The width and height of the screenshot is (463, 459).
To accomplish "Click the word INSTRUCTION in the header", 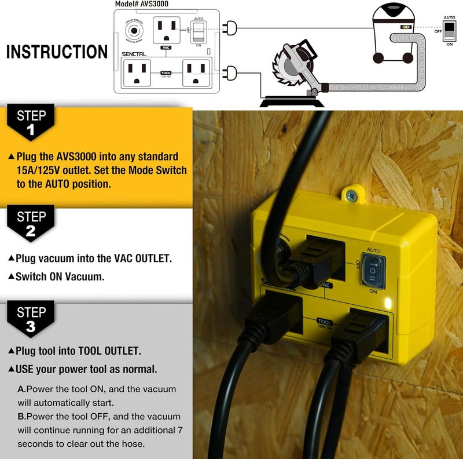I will click(57, 52).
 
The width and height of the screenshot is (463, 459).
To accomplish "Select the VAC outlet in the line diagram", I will click(166, 29).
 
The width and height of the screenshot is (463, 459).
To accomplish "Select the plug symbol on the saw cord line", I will click(231, 72).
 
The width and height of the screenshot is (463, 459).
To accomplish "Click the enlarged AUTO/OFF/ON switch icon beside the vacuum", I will click(449, 32).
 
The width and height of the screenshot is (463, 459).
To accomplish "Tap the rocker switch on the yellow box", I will click(373, 270).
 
